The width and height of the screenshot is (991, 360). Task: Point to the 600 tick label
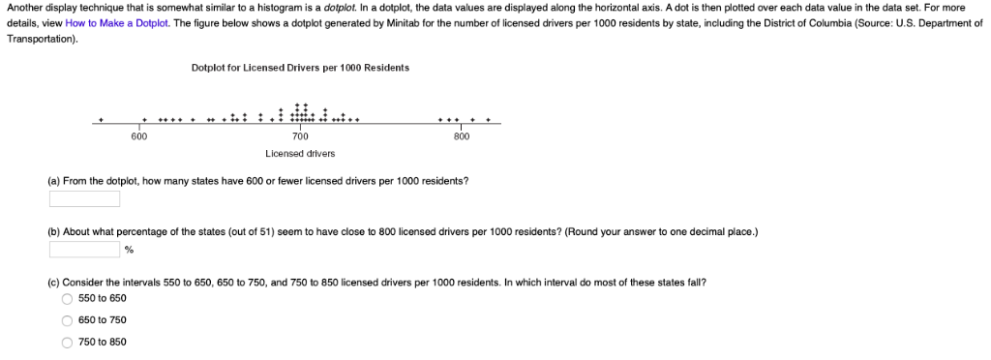(139, 136)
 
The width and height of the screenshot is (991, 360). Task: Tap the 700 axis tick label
(300, 136)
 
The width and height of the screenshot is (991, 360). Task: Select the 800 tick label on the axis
(462, 136)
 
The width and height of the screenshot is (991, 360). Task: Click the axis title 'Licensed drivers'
(300, 153)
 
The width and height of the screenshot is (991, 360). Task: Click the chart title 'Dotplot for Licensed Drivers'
(300, 68)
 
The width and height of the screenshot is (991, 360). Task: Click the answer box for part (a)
(85, 198)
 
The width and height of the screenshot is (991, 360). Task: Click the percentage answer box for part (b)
(85, 249)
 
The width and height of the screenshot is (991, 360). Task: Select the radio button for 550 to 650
(68, 298)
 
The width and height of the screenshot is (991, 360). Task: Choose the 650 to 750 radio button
(68, 320)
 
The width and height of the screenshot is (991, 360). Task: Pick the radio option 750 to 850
(68, 342)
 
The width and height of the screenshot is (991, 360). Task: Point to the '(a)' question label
(54, 181)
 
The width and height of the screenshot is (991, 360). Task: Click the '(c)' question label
(54, 283)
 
